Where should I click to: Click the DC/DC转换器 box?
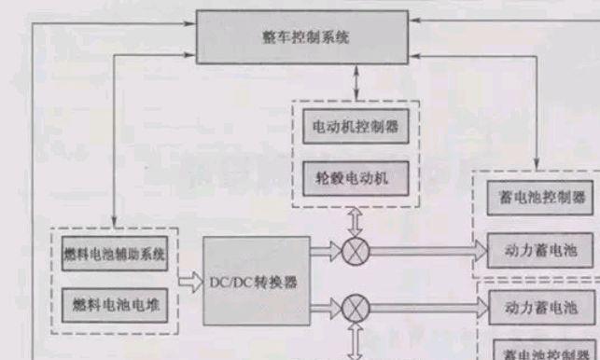click(254, 282)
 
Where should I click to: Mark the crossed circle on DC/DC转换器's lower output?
click(356, 307)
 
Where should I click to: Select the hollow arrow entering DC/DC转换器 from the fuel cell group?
click(191, 279)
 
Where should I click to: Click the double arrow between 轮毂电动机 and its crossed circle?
click(356, 222)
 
